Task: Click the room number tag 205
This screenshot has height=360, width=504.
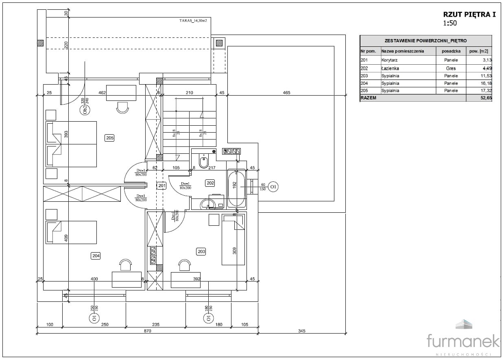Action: click(109, 138)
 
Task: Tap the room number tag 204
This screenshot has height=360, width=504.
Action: click(96, 255)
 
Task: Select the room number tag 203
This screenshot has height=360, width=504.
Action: click(201, 251)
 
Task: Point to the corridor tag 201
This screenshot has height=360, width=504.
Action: click(162, 185)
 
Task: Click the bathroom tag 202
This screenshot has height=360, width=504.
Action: click(210, 183)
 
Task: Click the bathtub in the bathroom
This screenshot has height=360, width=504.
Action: click(236, 189)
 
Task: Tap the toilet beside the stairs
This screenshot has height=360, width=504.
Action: click(204, 160)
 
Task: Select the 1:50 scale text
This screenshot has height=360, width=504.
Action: click(450, 23)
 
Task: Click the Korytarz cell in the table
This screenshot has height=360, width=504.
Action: click(389, 60)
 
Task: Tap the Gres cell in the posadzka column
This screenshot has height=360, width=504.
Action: click(451, 68)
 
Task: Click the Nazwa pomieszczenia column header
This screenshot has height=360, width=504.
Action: click(402, 51)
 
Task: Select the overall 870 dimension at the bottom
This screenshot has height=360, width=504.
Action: click(147, 331)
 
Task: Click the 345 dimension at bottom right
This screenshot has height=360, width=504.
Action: click(301, 331)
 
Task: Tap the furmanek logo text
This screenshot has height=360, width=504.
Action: click(463, 341)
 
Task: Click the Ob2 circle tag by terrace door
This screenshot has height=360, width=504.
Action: click(85, 110)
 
